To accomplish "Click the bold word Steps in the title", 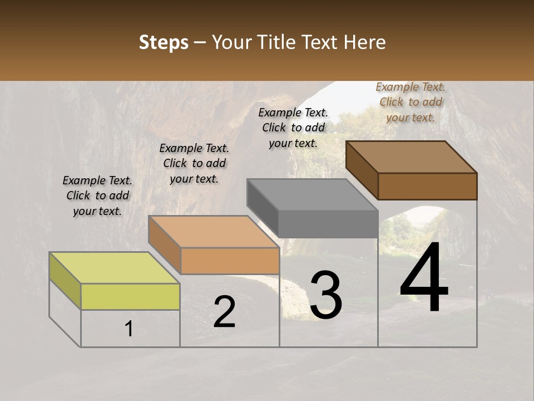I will coord(164,42).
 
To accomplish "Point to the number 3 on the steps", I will coord(326,295).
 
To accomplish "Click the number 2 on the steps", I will coord(224,312).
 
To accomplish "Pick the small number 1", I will coord(129,329).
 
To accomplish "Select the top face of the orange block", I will coord(214,232).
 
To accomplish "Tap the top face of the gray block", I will coord(313,195).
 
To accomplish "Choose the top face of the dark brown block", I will coord(412,157).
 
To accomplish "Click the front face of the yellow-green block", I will coord(130,296).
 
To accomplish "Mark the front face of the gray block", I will coord(328,224).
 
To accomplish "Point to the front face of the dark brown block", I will coord(427,186).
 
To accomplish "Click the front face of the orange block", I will coord(230,261).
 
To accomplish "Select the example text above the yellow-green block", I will coord(97,195).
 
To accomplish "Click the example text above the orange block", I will coord(194,163).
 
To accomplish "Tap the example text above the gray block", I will coord(293,128).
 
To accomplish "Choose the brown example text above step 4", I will coord(411,102).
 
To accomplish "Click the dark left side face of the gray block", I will coord(262,208).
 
